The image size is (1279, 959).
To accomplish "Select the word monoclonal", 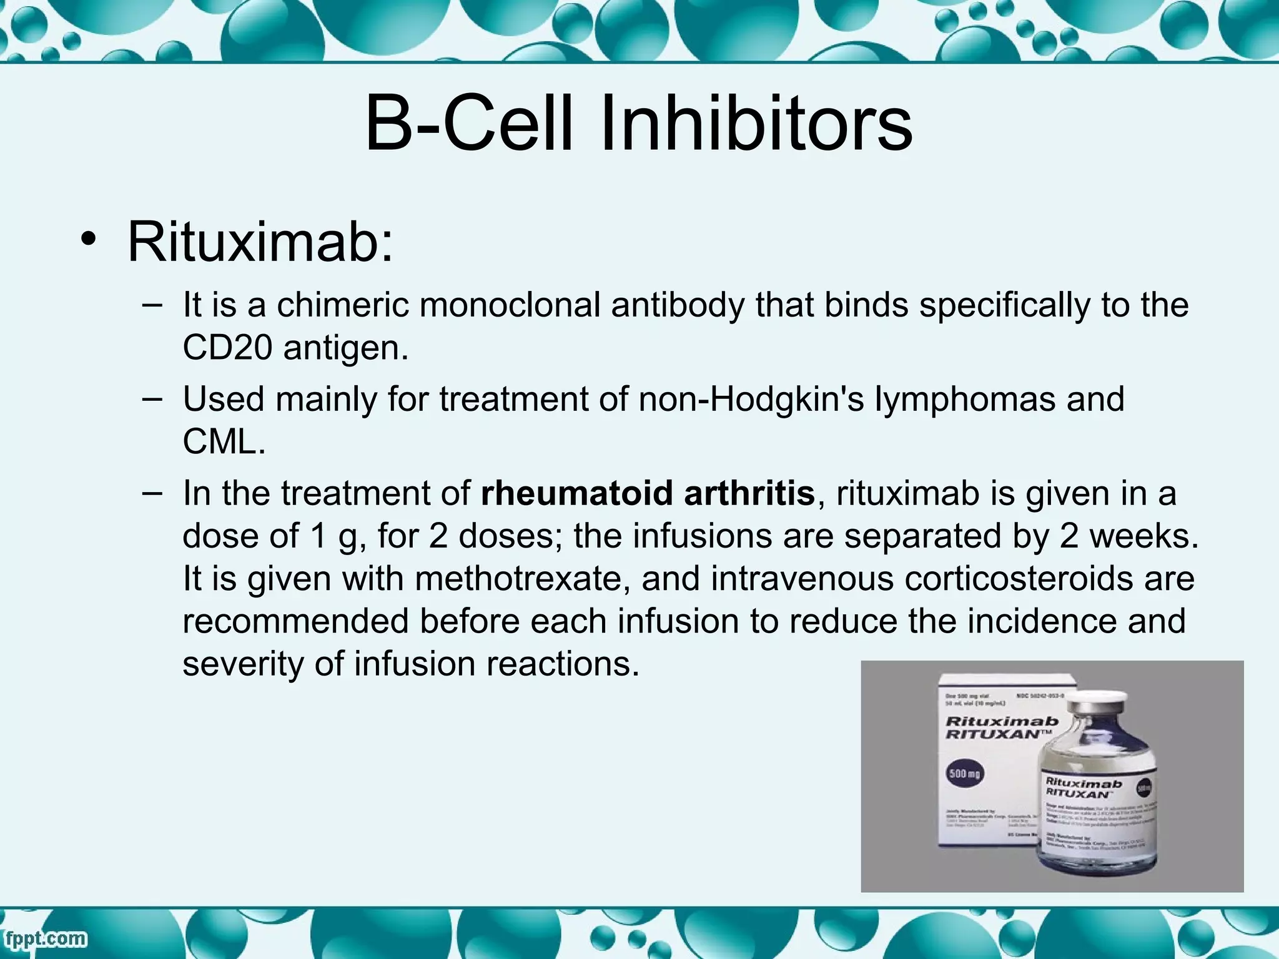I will pos(510,305).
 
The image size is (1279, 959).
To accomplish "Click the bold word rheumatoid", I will pos(578,493).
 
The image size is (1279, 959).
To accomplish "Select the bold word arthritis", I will pos(749,493).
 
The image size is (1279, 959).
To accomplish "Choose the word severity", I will pos(243,664).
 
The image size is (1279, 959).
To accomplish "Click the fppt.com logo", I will pos(45,939).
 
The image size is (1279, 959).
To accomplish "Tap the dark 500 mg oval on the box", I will pos(965,774).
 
